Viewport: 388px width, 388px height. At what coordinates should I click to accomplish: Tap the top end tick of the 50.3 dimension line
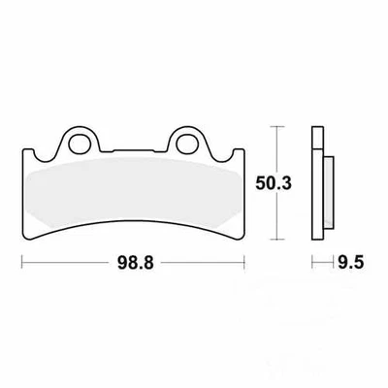pos(277,126)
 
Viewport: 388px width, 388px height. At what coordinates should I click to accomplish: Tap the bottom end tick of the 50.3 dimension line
pos(277,240)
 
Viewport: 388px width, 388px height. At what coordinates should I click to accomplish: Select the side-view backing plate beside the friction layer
pos(315,194)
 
